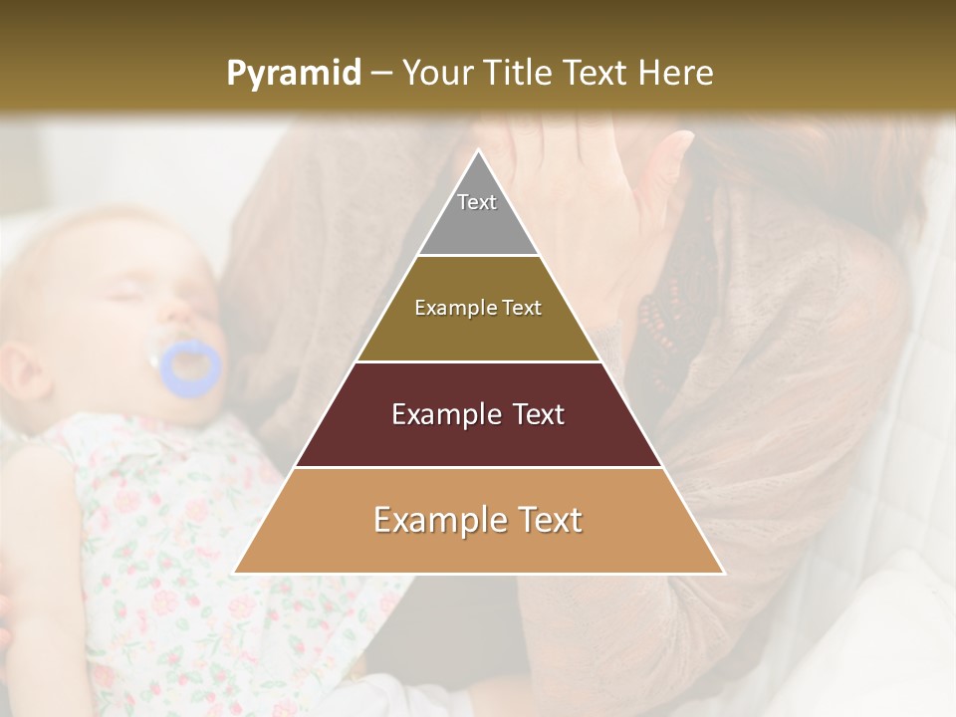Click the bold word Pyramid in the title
coord(293,74)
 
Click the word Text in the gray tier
coord(477,202)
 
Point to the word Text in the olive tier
coord(521,308)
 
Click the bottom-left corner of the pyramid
coord(235,573)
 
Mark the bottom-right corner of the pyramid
coord(723,573)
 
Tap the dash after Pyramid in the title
coord(381,74)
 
